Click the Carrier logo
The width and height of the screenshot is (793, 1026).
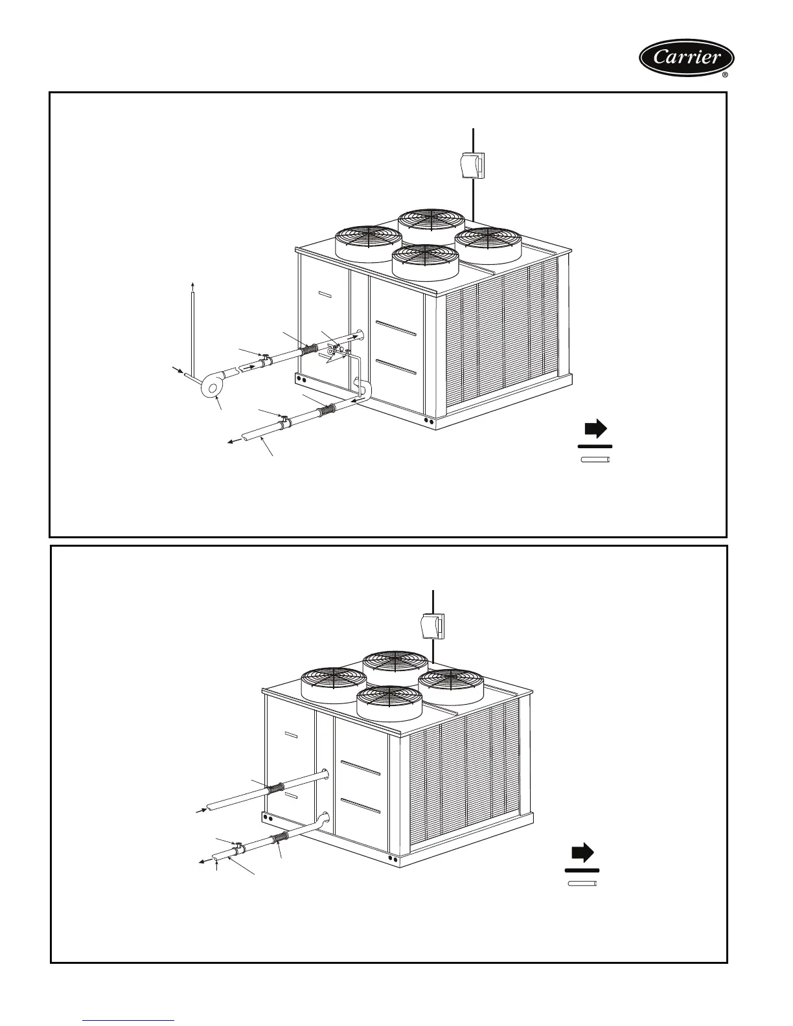[687, 58]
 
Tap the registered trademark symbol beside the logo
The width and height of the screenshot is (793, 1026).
[725, 75]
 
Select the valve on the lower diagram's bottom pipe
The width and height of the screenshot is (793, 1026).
[238, 847]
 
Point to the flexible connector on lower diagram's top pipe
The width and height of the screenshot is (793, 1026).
[276, 789]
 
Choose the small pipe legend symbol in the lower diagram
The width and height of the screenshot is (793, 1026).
[582, 883]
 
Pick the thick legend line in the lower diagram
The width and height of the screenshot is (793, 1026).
[582, 869]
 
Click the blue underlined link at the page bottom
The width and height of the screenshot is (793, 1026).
[129, 1021]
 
